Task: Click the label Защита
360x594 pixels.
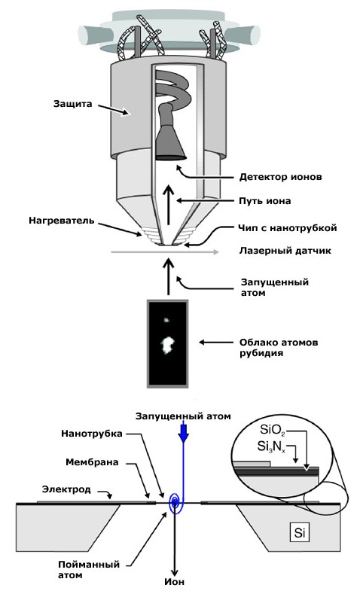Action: click(73, 104)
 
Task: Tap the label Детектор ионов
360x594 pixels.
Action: click(280, 177)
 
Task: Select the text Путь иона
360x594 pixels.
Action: click(265, 201)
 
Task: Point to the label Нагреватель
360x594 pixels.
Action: click(62, 221)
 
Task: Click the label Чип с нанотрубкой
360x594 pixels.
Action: click(288, 228)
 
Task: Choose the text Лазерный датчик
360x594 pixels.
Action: click(285, 251)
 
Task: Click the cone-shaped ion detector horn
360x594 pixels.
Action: click(170, 142)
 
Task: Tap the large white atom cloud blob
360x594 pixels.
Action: click(166, 344)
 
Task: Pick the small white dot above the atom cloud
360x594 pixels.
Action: click(166, 320)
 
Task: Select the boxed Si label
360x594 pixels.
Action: click(299, 532)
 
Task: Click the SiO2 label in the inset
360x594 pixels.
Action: click(272, 430)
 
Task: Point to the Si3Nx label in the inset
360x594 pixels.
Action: click(271, 447)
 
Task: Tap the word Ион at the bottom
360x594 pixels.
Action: click(174, 581)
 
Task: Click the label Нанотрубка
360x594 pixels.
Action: click(92, 434)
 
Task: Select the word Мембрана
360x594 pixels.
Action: click(92, 462)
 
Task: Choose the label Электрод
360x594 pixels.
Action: click(66, 489)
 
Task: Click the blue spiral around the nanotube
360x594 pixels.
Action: click(175, 503)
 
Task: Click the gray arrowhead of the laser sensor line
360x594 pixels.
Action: click(215, 252)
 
